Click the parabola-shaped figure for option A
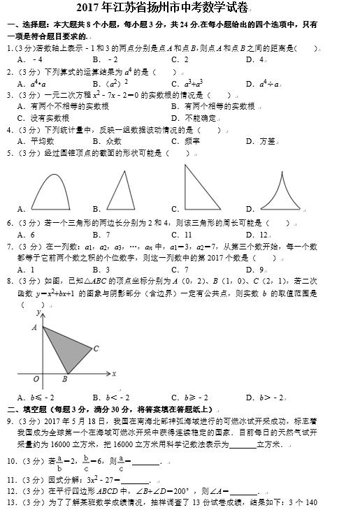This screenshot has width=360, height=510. click(52, 190)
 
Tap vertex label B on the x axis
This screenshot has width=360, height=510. click(64, 379)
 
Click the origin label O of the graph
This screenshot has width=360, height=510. click(35, 379)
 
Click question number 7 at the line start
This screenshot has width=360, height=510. click(9, 247)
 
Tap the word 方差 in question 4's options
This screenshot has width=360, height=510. click(267, 141)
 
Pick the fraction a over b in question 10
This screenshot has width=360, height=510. click(60, 462)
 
